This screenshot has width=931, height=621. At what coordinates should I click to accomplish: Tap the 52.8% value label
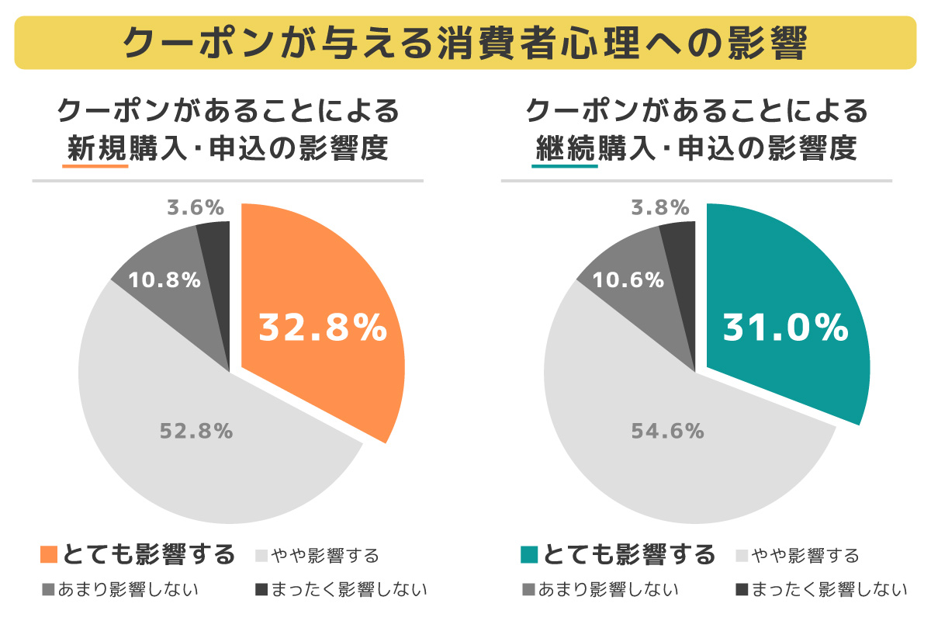pos(196,431)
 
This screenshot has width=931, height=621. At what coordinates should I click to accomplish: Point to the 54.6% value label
pos(667,431)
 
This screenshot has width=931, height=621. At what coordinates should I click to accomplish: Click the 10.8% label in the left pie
pos(164,280)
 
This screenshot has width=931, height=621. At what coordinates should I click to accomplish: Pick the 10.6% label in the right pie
pos(628,280)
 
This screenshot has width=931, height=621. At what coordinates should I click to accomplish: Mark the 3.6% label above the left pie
pos(196,207)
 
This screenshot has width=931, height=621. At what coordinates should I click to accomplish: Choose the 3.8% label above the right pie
pos(660,207)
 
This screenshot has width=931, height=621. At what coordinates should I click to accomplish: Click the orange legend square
pos(49,554)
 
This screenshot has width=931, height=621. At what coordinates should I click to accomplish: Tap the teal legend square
pos(529,554)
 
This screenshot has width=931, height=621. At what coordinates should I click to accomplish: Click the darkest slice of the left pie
pos(217,283)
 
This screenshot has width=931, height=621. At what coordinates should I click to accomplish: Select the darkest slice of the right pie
pos(682,283)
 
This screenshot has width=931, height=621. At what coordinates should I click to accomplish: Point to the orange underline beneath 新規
pos(95,166)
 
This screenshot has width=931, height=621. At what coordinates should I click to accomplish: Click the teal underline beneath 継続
pos(565,166)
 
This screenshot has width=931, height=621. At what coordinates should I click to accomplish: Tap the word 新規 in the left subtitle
pos(96,148)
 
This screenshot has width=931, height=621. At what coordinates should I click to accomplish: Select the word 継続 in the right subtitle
pos(566,148)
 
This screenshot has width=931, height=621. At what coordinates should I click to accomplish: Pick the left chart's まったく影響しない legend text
pos(349,589)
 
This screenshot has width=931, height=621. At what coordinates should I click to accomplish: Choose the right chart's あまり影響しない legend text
pos(608,589)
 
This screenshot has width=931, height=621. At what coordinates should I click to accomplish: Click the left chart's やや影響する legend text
pos(325,556)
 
